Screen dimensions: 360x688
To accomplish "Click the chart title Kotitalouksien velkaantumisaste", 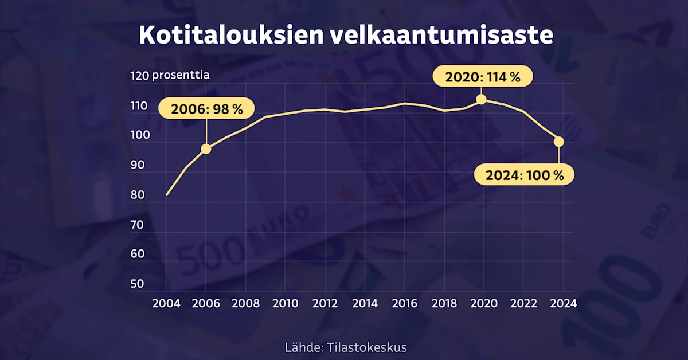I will coord(346,35).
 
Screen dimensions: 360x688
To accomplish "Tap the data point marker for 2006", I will coord(206,149).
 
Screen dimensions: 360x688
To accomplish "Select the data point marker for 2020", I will coord(482,99).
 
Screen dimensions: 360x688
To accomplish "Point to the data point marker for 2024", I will coord(560,142).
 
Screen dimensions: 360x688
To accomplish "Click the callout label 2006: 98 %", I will coord(205,109).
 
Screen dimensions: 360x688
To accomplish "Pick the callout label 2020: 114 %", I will coord(482,77).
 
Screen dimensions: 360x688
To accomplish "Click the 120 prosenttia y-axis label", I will coord(170,75).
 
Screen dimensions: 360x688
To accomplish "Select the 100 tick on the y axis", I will coord(139,135).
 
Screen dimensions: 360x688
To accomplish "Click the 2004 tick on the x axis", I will coord(166,303).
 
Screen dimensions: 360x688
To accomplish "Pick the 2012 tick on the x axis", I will coord(325,303).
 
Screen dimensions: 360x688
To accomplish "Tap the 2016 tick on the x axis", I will coord(404,303).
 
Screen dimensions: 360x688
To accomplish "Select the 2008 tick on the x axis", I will coord(245,303).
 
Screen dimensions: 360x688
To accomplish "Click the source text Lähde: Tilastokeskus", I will coord(346,347).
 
